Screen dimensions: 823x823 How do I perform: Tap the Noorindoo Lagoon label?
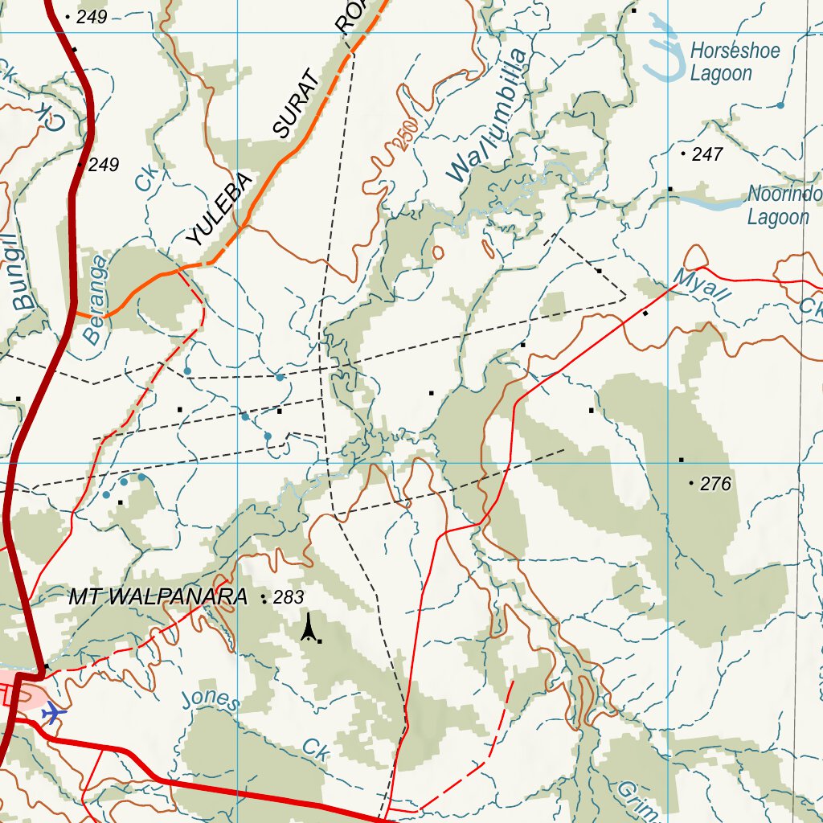(784, 206)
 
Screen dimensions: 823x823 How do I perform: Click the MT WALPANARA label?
(158, 598)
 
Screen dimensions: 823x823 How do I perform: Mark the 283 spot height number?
(289, 598)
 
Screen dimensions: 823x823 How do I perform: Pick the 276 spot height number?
(715, 484)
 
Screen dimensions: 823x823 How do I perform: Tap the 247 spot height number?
(707, 154)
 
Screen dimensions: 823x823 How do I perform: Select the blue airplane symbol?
(54, 712)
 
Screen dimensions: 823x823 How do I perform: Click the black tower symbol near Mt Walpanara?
(308, 627)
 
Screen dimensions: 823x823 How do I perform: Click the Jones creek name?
(210, 700)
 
